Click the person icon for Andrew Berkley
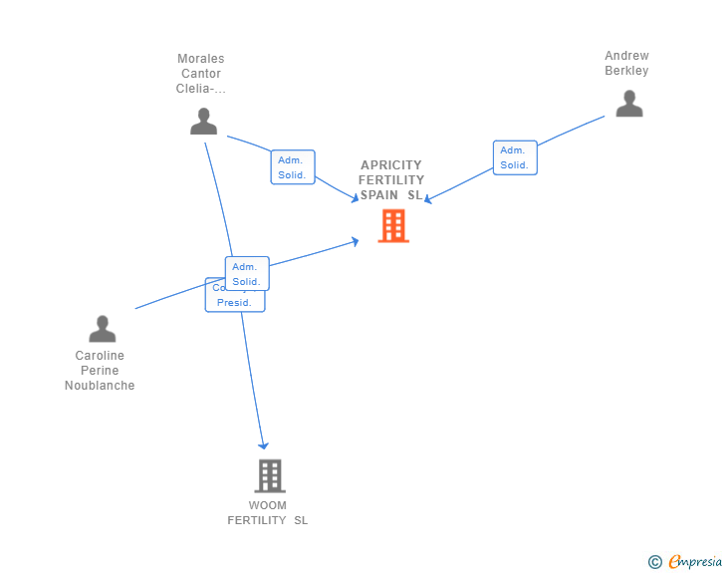pyautogui.click(x=628, y=104)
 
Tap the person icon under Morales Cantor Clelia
pyautogui.click(x=203, y=122)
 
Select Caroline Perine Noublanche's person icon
pyautogui.click(x=102, y=329)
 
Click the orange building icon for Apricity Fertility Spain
pyautogui.click(x=393, y=226)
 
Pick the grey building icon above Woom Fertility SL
pyautogui.click(x=270, y=475)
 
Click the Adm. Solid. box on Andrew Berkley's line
pyautogui.click(x=515, y=157)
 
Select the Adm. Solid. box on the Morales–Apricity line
pyautogui.click(x=292, y=167)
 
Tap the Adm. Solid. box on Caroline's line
pyautogui.click(x=247, y=273)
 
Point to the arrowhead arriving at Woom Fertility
pyautogui.click(x=264, y=445)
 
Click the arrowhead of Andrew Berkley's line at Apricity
pyautogui.click(x=427, y=199)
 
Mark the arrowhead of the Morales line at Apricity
pyautogui.click(x=355, y=200)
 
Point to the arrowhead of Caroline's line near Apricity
pyautogui.click(x=356, y=240)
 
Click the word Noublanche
pyautogui.click(x=100, y=386)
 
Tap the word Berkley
pyautogui.click(x=626, y=71)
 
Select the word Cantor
pyautogui.click(x=201, y=74)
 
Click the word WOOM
pyautogui.click(x=268, y=505)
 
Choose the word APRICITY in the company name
pyautogui.click(x=391, y=165)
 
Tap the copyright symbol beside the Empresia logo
pyautogui.click(x=655, y=562)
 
